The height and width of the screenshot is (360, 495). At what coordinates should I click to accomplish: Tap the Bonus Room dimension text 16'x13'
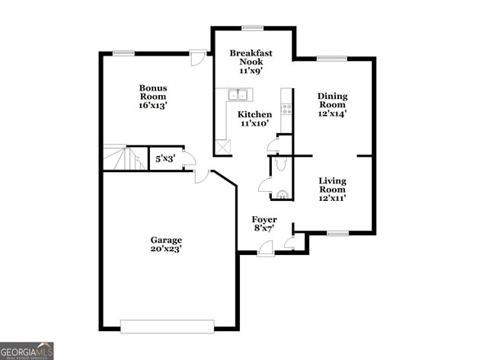pos(152,106)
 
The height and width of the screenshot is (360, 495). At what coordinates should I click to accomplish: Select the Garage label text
pos(165,240)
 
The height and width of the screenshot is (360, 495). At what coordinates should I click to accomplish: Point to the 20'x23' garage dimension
pos(165,249)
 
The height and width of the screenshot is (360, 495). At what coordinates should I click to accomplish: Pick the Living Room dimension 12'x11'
pos(332,198)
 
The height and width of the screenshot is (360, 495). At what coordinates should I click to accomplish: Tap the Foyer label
pos(264,219)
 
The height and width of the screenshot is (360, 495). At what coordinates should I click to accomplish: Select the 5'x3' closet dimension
pos(164,159)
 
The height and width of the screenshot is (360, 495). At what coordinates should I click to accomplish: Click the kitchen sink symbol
pos(239,95)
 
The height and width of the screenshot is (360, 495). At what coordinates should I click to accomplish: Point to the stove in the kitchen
pos(286,108)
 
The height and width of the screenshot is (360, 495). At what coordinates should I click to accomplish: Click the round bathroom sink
pos(283,194)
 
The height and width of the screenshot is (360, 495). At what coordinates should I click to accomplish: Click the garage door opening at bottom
pos(168,327)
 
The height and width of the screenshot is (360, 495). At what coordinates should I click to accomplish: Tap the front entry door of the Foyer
pos(264,248)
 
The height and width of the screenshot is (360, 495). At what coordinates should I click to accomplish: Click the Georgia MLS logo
pos(27,351)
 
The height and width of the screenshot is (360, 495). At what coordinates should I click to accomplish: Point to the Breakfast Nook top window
pos(252,29)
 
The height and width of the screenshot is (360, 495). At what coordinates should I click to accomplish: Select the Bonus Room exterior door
pos(197,58)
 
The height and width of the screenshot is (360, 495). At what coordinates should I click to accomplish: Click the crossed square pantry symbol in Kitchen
pos(223,147)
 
